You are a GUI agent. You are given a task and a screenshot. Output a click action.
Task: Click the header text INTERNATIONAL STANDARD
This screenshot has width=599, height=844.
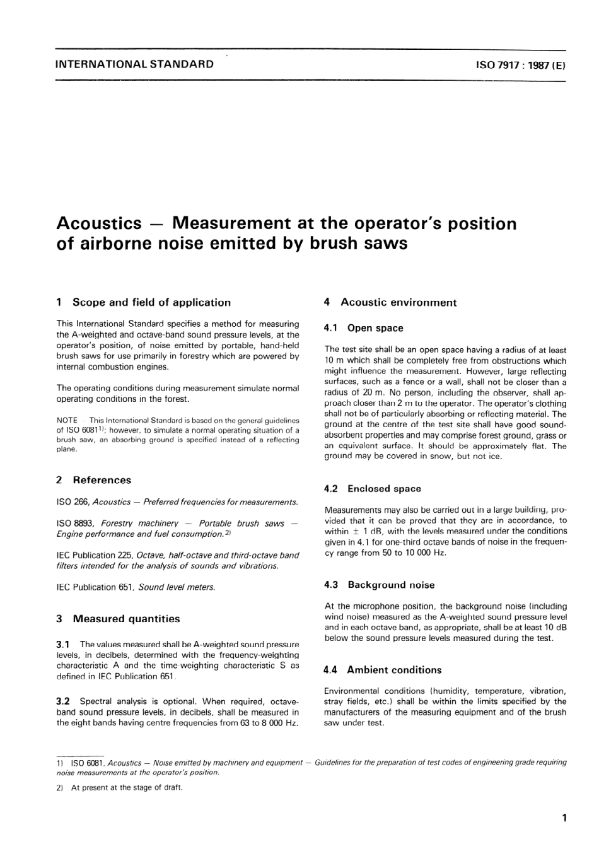point(135,64)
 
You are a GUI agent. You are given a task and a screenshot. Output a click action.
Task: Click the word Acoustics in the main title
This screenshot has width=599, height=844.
point(99,224)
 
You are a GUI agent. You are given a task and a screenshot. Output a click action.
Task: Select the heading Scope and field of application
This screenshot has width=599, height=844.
point(151,303)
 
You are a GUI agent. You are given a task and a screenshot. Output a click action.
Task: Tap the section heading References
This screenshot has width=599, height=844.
point(102,480)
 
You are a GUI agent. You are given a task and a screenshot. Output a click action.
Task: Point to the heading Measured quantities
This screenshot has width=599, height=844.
point(126,619)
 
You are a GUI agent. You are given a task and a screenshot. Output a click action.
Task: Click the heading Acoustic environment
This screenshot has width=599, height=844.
point(398,303)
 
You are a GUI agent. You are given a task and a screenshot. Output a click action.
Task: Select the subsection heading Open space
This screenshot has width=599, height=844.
point(375,328)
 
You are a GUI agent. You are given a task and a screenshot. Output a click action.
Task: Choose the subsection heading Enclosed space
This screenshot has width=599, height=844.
point(384,489)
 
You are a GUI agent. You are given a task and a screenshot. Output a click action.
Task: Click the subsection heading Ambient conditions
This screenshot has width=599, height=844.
point(394,670)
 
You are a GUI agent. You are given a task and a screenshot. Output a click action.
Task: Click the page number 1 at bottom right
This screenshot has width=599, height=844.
point(564,819)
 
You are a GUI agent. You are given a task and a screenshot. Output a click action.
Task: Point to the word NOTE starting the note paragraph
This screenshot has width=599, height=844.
point(67,420)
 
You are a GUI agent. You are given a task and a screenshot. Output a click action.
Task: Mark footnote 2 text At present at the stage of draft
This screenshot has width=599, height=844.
point(127,787)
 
